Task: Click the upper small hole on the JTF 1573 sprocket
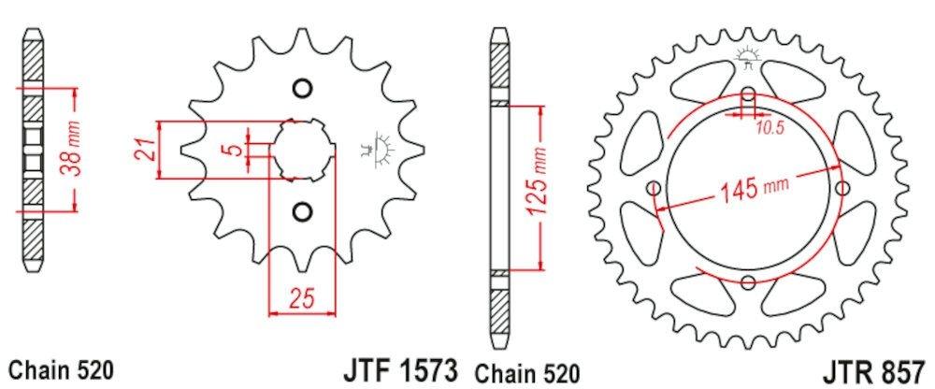[301, 89]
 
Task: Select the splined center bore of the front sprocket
[301, 150]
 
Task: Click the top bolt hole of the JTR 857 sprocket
[748, 96]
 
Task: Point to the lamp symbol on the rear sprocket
[747, 56]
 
